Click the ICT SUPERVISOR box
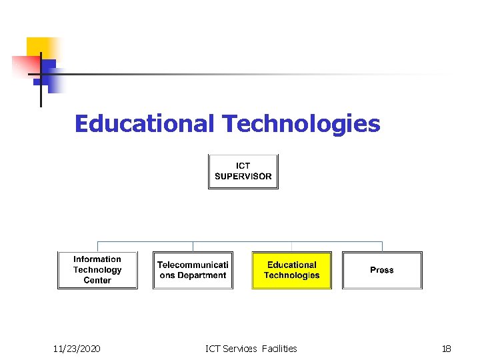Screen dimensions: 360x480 [x=243, y=171]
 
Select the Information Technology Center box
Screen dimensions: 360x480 [x=97, y=270]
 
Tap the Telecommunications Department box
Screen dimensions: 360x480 [x=193, y=270]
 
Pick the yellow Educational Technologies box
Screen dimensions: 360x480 [x=291, y=270]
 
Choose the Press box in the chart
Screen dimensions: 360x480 [x=382, y=270]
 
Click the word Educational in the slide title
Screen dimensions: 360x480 [x=144, y=123]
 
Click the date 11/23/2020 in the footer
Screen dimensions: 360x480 [x=77, y=348]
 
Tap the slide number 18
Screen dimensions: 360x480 [x=447, y=348]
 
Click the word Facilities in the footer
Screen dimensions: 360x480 [x=279, y=348]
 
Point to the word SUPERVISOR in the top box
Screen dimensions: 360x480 [x=243, y=177]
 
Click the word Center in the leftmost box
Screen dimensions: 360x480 [x=97, y=281]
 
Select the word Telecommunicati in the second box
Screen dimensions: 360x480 [x=193, y=265]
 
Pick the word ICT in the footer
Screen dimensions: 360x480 [x=214, y=348]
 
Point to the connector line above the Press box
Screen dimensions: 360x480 [x=382, y=246]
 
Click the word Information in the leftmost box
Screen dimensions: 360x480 [x=97, y=259]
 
